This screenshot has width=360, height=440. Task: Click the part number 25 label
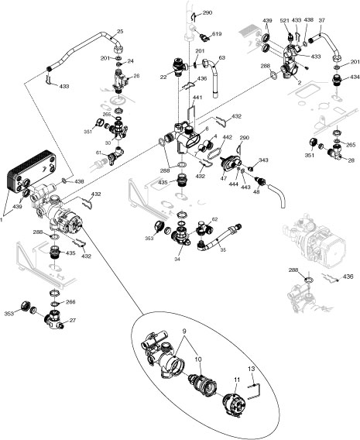click(120, 32)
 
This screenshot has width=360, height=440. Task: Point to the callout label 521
click(284, 20)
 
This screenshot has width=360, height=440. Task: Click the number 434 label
click(354, 78)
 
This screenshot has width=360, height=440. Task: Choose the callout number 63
click(221, 57)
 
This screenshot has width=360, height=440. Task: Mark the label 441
click(197, 98)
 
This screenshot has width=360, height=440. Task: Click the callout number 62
click(214, 220)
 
